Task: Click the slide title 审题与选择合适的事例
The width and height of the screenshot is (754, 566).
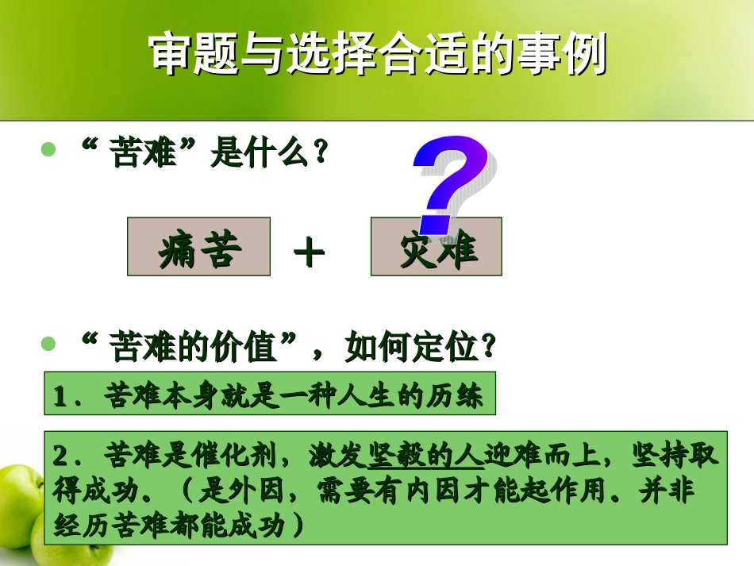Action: pos(377,54)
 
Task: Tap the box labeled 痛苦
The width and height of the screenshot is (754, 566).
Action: pos(198,247)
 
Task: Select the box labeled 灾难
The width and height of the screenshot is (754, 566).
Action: pos(436,247)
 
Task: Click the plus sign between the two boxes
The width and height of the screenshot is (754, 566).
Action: pos(309,253)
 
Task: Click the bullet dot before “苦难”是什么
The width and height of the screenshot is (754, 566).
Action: pos(49,149)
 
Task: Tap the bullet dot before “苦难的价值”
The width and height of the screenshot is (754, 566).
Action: pos(49,343)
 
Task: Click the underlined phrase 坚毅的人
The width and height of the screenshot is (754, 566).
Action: pos(426,456)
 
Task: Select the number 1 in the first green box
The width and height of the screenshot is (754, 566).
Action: pos(60,396)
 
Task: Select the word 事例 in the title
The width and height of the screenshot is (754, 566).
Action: pos(567,54)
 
